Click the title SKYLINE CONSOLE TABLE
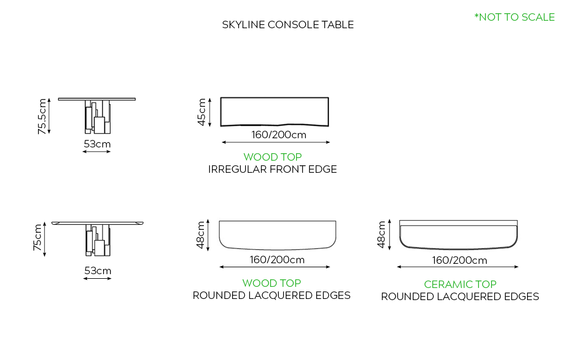click(x=287, y=25)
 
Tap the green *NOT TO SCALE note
click(x=514, y=17)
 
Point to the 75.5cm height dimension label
click(x=42, y=116)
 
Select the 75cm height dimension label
click(x=38, y=238)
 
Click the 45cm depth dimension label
click(x=202, y=112)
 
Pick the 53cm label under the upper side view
click(x=97, y=144)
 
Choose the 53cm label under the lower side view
click(x=97, y=271)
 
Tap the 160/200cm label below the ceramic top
click(x=460, y=260)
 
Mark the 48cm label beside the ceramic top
click(x=381, y=234)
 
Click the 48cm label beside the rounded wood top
click(x=201, y=234)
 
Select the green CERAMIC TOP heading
click(x=460, y=284)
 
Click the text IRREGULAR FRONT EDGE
click(x=272, y=169)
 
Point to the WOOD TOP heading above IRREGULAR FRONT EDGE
click(x=272, y=157)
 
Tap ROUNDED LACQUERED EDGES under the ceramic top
click(x=460, y=297)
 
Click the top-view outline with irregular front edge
click(x=275, y=111)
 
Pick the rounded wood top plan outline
click(x=278, y=234)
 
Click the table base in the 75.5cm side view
click(x=97, y=117)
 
